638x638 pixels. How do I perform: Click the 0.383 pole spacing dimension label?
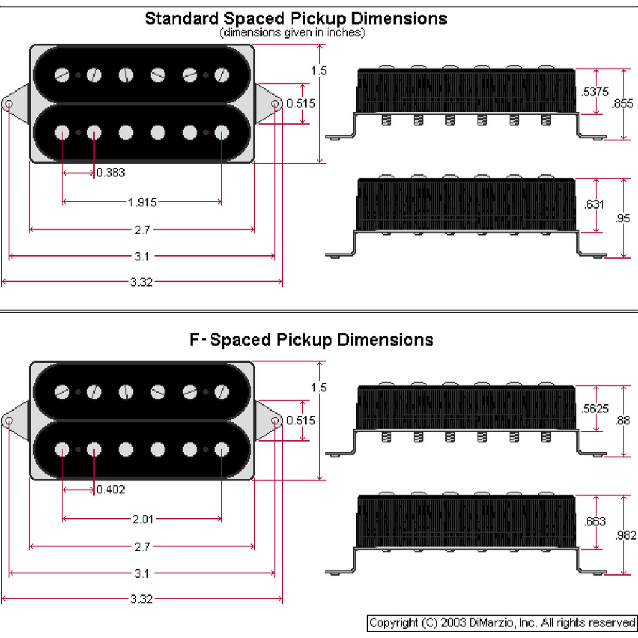click(111, 173)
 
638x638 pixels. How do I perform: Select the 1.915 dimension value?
click(142, 202)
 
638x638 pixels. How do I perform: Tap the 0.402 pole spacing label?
click(111, 490)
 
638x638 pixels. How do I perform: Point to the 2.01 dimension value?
click(143, 520)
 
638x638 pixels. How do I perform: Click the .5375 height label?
click(595, 92)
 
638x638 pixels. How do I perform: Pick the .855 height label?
click(622, 103)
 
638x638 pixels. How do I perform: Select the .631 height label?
click(594, 204)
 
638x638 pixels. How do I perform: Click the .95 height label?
click(622, 219)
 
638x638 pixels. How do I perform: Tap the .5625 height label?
click(595, 409)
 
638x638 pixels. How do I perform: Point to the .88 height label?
click(622, 421)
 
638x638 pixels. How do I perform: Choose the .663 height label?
click(595, 521)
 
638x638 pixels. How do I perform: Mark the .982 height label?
click(626, 535)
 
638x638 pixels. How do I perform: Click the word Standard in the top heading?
click(181, 19)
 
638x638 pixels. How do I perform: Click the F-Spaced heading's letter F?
click(194, 340)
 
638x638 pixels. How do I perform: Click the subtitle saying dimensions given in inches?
click(292, 32)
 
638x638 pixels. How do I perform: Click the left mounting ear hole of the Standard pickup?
click(9, 104)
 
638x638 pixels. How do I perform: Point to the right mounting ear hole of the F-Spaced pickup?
click(275, 421)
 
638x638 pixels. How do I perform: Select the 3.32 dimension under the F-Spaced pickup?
click(141, 599)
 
